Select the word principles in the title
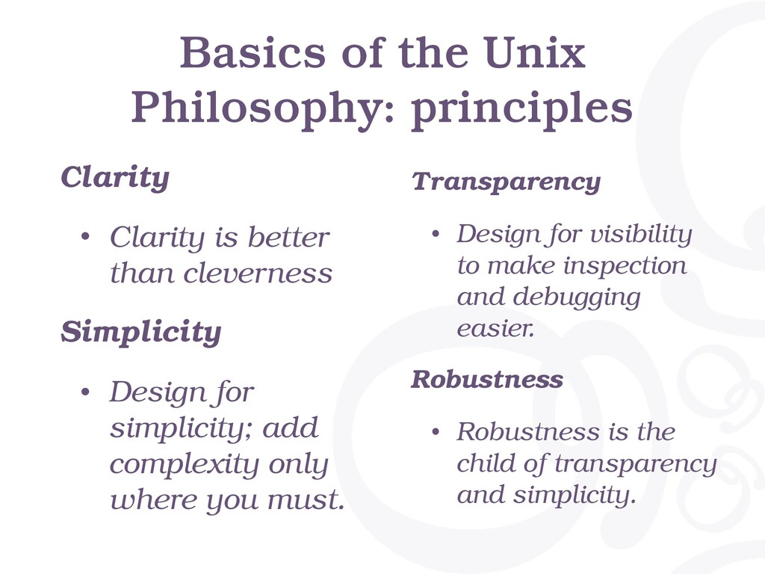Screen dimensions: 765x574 522,111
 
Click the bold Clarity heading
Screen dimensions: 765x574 115,178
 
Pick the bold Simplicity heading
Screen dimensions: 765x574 141,333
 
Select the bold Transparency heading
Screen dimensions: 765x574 506,182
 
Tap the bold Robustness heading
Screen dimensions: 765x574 487,379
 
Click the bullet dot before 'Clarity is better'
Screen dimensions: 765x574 85,237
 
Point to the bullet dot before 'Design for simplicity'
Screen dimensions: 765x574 85,392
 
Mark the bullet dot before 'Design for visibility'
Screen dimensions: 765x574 436,234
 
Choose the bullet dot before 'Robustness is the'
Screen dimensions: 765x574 436,432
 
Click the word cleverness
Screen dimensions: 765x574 258,274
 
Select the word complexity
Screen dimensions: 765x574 184,465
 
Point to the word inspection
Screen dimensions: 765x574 625,267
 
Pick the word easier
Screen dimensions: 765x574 495,329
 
